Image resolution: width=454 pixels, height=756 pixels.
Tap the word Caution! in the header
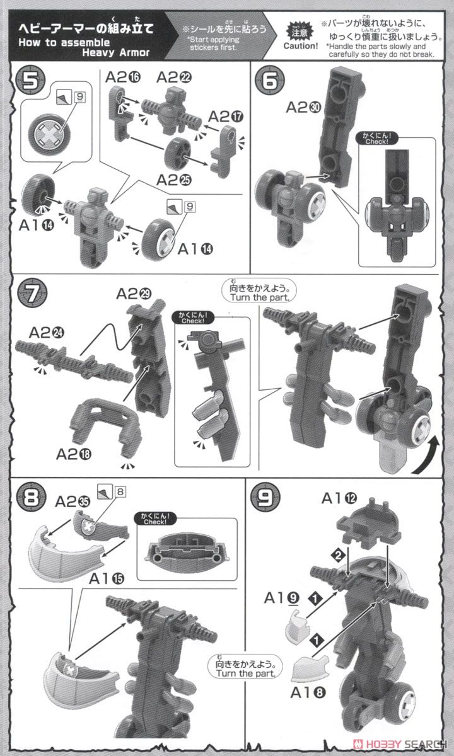(300, 45)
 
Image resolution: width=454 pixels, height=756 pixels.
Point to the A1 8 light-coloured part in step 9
(311, 663)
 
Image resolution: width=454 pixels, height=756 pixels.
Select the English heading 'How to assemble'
(54, 43)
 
